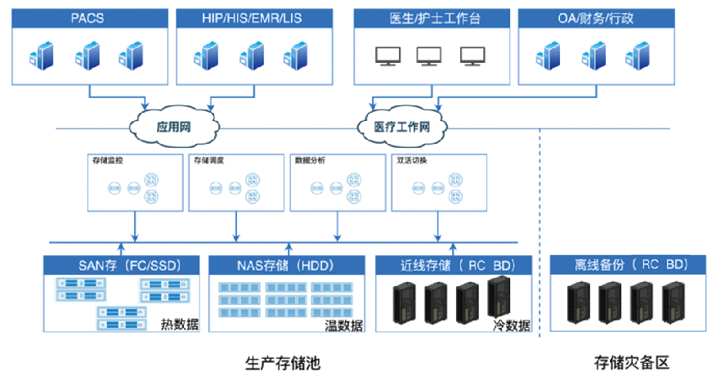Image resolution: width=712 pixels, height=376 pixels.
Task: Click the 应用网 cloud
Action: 173,127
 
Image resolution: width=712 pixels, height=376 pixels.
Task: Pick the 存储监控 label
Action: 108,160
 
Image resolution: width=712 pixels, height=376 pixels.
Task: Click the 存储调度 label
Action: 208,160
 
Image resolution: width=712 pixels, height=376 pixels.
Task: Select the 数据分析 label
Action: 310,160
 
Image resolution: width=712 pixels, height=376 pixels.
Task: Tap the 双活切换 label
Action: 411,160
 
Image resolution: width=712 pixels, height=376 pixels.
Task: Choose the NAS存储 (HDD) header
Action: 284,265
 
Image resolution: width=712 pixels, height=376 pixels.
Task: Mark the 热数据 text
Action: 180,325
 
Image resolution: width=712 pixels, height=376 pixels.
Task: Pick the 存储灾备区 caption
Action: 626,361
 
